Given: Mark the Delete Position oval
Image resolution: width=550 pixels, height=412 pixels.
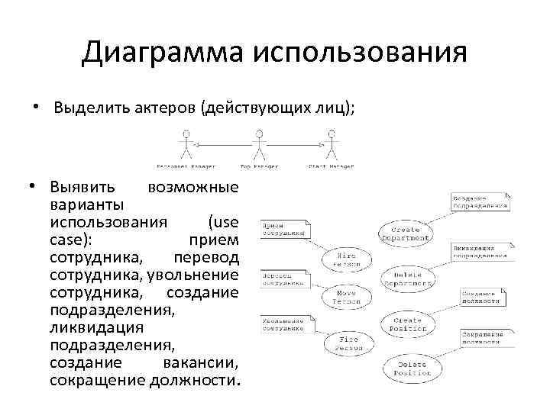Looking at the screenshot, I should [413, 369].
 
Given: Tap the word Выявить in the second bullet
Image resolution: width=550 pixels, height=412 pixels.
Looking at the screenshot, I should [82, 188].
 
